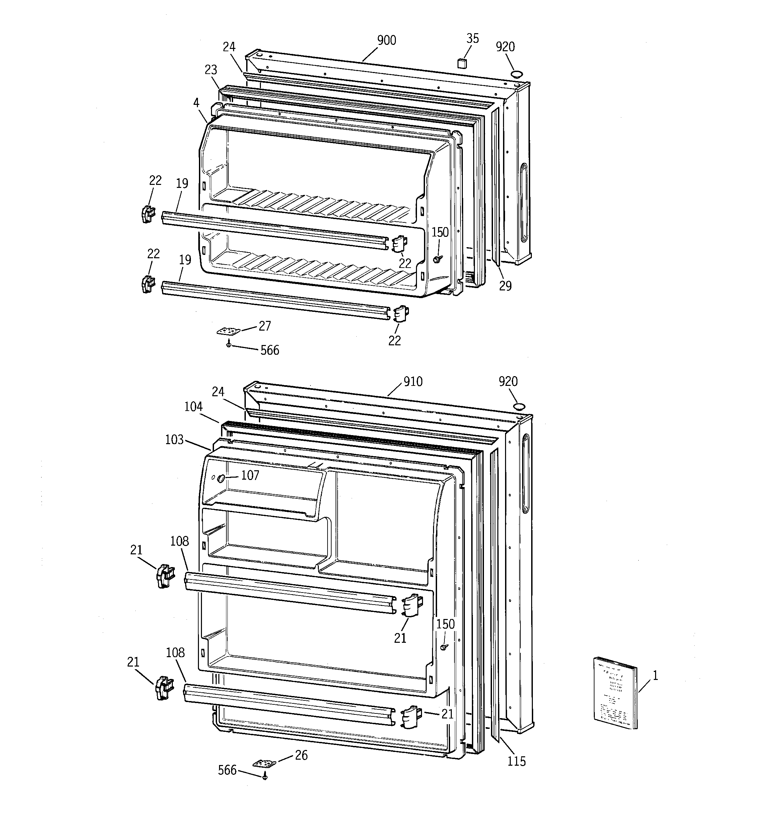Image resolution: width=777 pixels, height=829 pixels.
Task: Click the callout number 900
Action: point(386,41)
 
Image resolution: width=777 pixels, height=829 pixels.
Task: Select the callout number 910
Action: point(413,382)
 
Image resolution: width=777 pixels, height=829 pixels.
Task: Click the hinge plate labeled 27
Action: point(228,331)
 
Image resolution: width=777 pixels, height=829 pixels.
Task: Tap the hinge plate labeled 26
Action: point(265,763)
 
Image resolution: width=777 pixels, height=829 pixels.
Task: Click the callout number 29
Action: point(505,286)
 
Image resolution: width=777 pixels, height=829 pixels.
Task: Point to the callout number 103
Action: point(174,439)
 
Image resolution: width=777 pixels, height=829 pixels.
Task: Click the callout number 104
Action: point(194,407)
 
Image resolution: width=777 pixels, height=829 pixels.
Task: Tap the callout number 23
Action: point(211,70)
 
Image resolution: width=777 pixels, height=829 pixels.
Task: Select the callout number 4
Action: point(196,102)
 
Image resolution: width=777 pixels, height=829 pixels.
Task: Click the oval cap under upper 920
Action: point(517,74)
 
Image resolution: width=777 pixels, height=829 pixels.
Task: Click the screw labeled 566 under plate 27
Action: point(228,344)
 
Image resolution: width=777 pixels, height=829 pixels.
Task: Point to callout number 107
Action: point(250,475)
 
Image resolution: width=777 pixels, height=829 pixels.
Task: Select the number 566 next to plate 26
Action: point(227,770)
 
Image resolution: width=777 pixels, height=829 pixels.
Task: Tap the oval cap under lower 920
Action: point(519,406)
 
